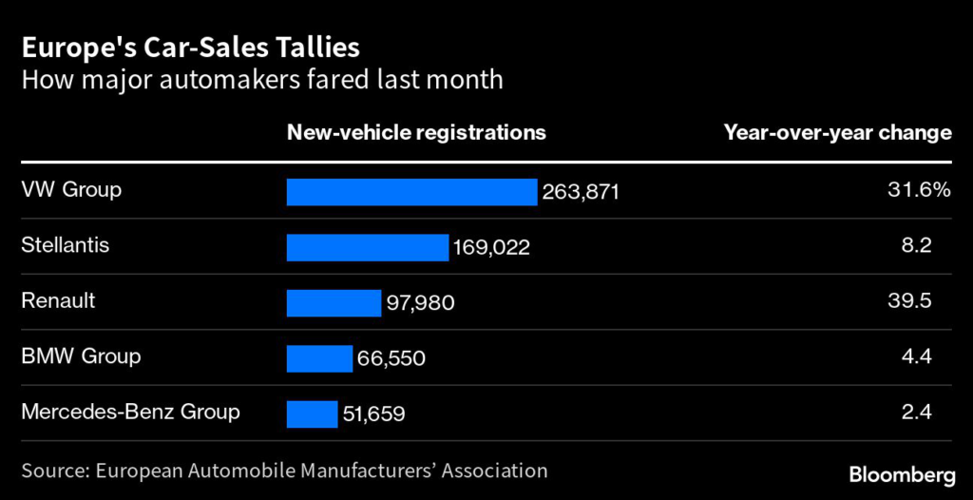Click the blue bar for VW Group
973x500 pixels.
coord(411,192)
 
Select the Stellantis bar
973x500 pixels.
coord(367,247)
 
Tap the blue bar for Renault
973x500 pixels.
coord(334,303)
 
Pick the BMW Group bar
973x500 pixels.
coord(319,358)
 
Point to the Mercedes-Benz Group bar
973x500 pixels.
coord(312,414)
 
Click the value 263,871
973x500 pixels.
coord(581,193)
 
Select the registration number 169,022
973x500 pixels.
coord(491,248)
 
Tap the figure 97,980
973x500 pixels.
coord(420,304)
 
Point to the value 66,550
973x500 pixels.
coord(391,359)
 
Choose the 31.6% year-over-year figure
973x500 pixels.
coord(918,190)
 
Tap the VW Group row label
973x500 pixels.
coord(71,190)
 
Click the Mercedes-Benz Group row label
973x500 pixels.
coord(130,413)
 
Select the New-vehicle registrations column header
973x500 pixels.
coord(416,133)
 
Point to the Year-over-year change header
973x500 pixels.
coord(837,133)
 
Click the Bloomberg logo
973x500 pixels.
coord(901,473)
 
